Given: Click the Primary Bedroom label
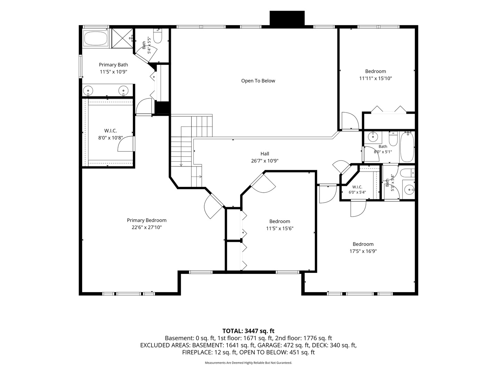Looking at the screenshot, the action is [x=146, y=220].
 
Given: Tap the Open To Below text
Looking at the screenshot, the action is [x=258, y=81].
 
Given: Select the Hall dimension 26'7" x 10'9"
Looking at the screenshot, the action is [x=265, y=161].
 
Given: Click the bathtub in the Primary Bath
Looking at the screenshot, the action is [x=96, y=38].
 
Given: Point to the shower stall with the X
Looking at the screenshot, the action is [x=123, y=38].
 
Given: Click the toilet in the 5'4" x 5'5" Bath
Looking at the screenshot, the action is [x=158, y=36].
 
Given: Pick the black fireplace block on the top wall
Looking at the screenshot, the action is [x=287, y=18].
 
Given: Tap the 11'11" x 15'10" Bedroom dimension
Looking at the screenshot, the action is [x=376, y=78].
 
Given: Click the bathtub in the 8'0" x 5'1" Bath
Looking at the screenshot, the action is [x=407, y=147].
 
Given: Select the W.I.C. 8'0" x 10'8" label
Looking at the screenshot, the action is [x=110, y=134].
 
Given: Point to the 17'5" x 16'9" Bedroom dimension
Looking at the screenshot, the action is [x=363, y=251].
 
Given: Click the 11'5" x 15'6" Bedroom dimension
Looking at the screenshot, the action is [x=280, y=229].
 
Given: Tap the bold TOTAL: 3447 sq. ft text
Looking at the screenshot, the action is [x=248, y=331].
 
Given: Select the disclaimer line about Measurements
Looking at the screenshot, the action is [x=248, y=363].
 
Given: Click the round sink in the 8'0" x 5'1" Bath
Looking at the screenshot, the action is [x=372, y=137].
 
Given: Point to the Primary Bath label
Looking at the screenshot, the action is [x=113, y=65].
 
